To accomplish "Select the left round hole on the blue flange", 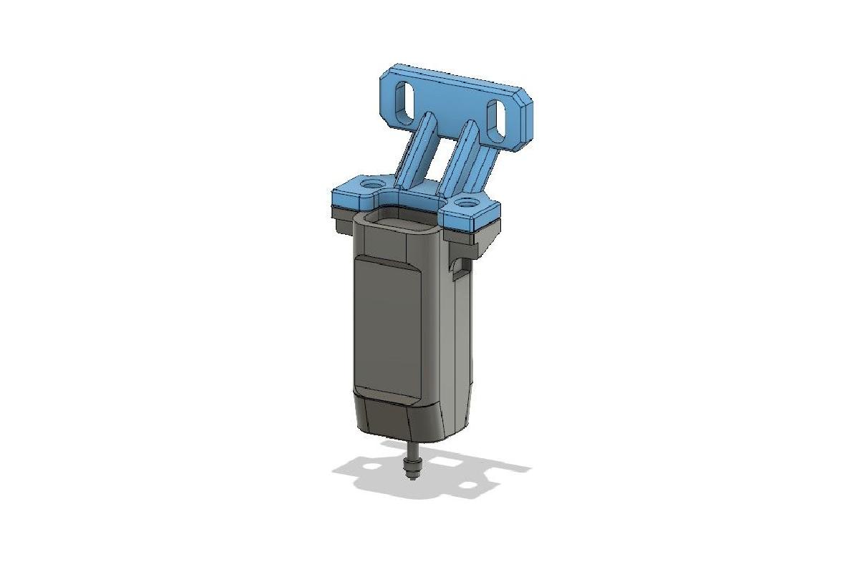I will click(370, 185).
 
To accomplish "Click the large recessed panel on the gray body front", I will click(387, 326).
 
